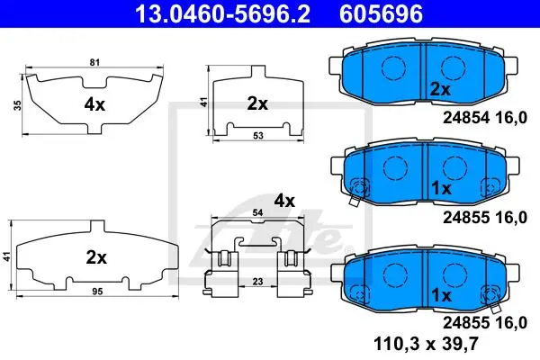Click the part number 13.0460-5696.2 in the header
click(x=223, y=13)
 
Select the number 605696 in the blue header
click(x=382, y=13)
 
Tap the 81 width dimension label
click(x=94, y=62)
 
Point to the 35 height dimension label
click(x=18, y=105)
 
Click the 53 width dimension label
click(x=258, y=136)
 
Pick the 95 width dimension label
click(x=97, y=292)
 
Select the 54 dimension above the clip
click(x=257, y=213)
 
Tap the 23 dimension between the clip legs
click(x=257, y=282)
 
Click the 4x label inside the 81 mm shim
click(x=94, y=104)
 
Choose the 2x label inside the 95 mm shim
click(x=96, y=257)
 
